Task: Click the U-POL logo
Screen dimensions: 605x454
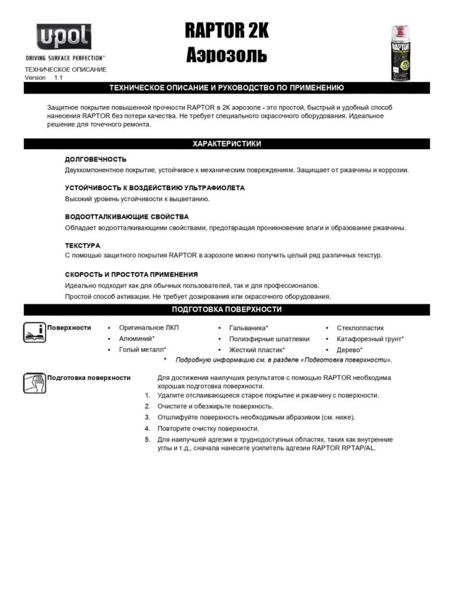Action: [64, 38]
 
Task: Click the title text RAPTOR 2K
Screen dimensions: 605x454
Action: [226, 31]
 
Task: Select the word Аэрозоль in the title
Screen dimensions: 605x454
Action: [226, 55]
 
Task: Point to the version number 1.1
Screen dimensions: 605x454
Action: [58, 77]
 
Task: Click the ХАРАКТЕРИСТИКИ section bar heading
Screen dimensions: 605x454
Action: [226, 144]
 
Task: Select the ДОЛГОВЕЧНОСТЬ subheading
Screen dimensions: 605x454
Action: [96, 160]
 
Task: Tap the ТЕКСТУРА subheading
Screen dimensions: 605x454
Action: [82, 246]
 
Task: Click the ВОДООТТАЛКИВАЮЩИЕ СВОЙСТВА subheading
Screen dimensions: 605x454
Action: [127, 217]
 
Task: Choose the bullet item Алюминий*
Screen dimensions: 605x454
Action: [137, 339]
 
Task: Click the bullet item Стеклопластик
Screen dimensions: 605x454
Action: [360, 328]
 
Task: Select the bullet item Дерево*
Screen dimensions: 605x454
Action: [349, 350]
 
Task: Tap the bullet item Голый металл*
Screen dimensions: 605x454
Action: [142, 350]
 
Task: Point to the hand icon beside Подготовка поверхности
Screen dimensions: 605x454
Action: [35, 383]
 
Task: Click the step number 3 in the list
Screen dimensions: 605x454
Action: [147, 417]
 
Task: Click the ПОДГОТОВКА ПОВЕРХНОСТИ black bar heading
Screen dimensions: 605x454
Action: [226, 310]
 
